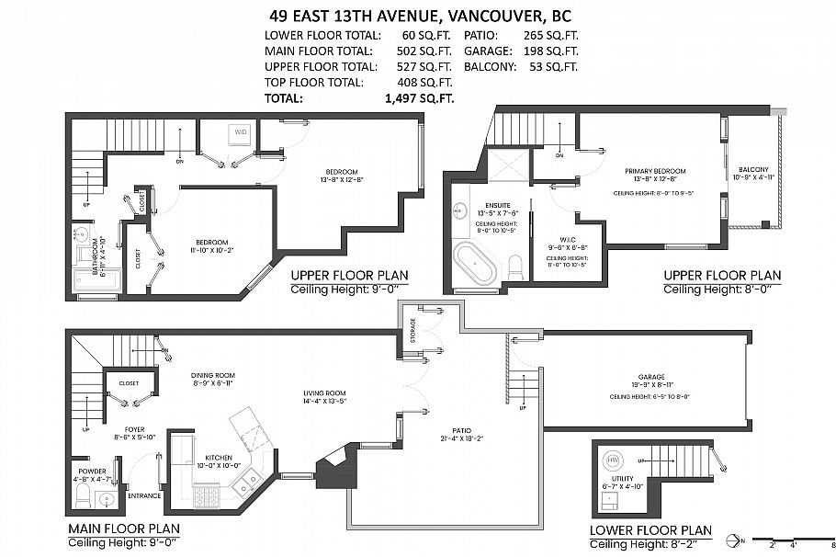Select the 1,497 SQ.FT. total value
click(x=418, y=97)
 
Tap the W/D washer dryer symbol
click(x=241, y=132)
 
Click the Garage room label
click(x=650, y=377)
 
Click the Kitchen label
click(x=218, y=458)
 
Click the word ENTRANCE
click(x=145, y=496)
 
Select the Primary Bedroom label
click(x=655, y=171)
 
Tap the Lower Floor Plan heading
click(x=650, y=530)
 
